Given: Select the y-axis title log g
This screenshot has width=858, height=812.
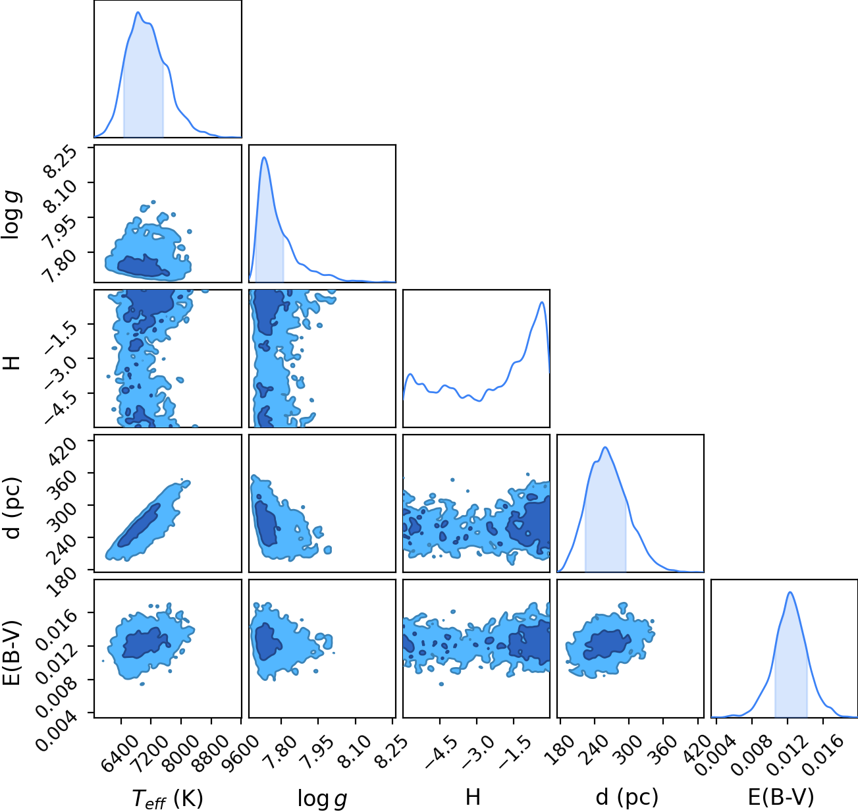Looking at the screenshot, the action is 11,215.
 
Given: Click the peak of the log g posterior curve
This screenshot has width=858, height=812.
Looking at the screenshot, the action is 264,157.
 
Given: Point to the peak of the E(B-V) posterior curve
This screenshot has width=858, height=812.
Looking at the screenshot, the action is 790,592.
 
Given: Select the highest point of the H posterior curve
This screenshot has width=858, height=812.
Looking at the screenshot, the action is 541,302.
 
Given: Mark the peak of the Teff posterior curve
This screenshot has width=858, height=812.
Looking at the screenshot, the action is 138,12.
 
